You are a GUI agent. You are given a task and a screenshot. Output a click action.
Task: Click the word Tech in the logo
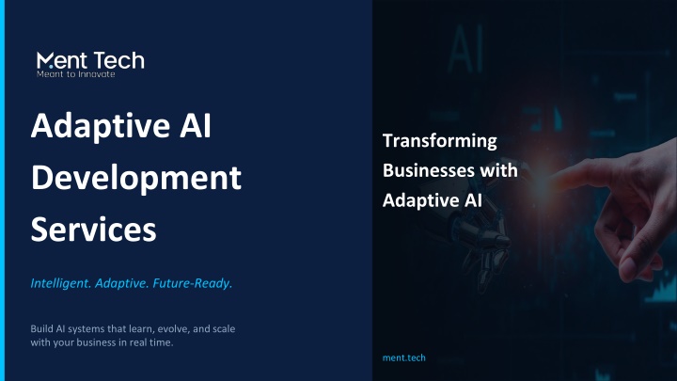pyautogui.click(x=118, y=60)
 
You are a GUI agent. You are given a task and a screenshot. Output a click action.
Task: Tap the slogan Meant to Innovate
pyautogui.click(x=75, y=74)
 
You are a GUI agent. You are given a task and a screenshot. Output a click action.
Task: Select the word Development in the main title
pyautogui.click(x=136, y=178)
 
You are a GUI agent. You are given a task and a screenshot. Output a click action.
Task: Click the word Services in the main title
pyautogui.click(x=93, y=230)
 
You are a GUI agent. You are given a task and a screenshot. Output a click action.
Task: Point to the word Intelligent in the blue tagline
pyautogui.click(x=60, y=283)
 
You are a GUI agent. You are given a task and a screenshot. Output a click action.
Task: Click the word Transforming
pyautogui.click(x=439, y=141)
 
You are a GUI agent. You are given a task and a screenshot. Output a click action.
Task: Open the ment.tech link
pyautogui.click(x=404, y=357)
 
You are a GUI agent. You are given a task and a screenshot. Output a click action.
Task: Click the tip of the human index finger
pyautogui.click(x=555, y=175)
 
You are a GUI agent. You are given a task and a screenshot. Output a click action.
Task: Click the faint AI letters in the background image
pyautogui.click(x=465, y=48)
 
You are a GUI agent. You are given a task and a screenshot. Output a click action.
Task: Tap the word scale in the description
pyautogui.click(x=224, y=328)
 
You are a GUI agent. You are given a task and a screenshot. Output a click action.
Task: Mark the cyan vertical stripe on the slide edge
pyautogui.click(x=2, y=190)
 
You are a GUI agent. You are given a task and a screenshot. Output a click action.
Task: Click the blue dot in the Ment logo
pyautogui.click(x=51, y=67)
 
